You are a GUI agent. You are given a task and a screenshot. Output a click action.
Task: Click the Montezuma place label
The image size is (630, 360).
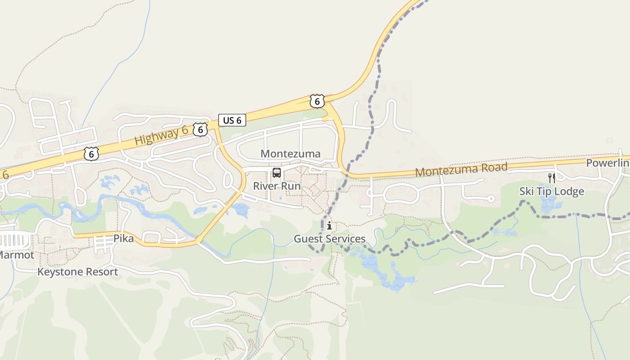pyautogui.click(x=290, y=154)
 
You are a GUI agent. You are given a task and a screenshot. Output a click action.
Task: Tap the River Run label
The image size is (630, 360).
pyautogui.click(x=277, y=186)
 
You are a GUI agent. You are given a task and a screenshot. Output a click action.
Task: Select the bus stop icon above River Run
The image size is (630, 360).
pyautogui.click(x=277, y=173)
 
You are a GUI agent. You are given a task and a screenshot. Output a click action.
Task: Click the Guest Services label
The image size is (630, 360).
pyautogui.click(x=329, y=239)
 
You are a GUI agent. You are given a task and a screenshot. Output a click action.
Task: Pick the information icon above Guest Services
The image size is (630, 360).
pyautogui.click(x=329, y=225)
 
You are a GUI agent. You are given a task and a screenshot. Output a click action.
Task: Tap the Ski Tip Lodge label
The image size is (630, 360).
pyautogui.click(x=552, y=192)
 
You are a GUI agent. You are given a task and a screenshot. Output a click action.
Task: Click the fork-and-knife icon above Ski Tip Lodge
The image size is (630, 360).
pyautogui.click(x=552, y=178)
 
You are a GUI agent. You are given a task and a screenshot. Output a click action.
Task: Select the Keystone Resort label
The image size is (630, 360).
pyautogui.click(x=77, y=272)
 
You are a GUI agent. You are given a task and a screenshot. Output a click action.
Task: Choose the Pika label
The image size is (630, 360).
pyautogui.click(x=123, y=238)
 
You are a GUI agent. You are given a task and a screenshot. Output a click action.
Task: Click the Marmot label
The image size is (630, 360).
pyautogui.click(x=16, y=255)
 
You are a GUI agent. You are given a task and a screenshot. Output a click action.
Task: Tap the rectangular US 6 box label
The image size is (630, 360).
pyautogui.click(x=232, y=120)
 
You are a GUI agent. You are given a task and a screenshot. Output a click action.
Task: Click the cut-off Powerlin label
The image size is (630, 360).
pyautogui.click(x=607, y=163)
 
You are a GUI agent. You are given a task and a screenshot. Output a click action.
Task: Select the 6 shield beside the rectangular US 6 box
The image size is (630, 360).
pyautogui.click(x=200, y=130)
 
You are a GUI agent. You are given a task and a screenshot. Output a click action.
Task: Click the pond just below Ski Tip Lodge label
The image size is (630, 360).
pyautogui.click(x=549, y=206)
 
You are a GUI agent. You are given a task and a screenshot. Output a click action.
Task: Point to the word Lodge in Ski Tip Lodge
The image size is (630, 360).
pyautogui.click(x=569, y=192)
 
